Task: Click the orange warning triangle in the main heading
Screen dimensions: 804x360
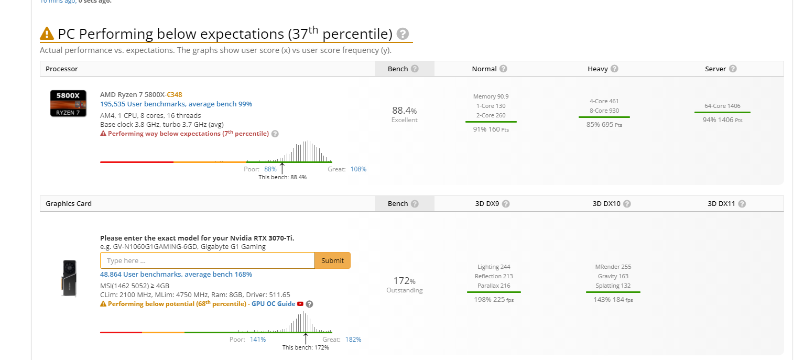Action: coord(47,34)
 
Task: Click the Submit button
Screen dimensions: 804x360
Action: coord(332,260)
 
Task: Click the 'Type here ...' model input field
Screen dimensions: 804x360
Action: coord(208,260)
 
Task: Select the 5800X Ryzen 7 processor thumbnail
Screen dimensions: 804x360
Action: coord(68,103)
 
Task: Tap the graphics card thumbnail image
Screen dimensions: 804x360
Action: coord(69,278)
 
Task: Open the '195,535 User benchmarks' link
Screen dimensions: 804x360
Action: coord(176,104)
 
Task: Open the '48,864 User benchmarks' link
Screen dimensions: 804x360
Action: coord(176,274)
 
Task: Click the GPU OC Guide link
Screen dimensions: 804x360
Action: coord(273,304)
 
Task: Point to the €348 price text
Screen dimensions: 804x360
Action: coord(175,94)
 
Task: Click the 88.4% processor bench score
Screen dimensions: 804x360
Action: coord(404,110)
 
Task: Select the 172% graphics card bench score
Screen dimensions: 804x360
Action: coord(404,281)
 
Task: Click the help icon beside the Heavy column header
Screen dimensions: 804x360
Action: coord(614,69)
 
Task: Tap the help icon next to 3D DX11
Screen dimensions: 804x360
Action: coord(742,204)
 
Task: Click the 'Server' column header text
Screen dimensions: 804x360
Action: coord(715,69)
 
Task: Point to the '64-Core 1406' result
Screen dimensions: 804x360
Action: coord(722,106)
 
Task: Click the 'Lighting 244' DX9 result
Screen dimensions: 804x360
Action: coord(494,267)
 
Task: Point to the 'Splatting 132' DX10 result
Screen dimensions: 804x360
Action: coord(613,286)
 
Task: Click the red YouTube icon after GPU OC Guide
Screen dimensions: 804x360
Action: coord(300,304)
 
